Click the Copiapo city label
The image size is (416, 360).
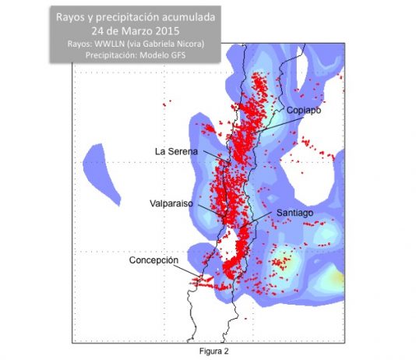pos(303,111)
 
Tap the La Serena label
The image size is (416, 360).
pos(176,150)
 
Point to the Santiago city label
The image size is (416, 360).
pos(294,212)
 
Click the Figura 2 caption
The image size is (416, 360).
pos(215,350)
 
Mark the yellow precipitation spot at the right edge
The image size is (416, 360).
pos(337,277)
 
